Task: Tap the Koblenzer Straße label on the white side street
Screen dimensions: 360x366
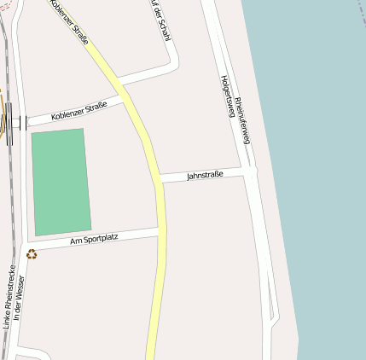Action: coord(78,111)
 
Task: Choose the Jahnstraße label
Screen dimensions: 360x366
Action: coord(205,175)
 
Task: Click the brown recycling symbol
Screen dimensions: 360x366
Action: coord(32,253)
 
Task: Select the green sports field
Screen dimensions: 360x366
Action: coord(61,181)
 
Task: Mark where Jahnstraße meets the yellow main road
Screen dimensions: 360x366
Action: coord(160,181)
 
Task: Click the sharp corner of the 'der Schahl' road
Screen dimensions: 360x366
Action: coord(173,62)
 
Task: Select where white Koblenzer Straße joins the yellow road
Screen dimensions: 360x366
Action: coord(128,100)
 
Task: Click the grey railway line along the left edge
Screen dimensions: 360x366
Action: coord(6,213)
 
